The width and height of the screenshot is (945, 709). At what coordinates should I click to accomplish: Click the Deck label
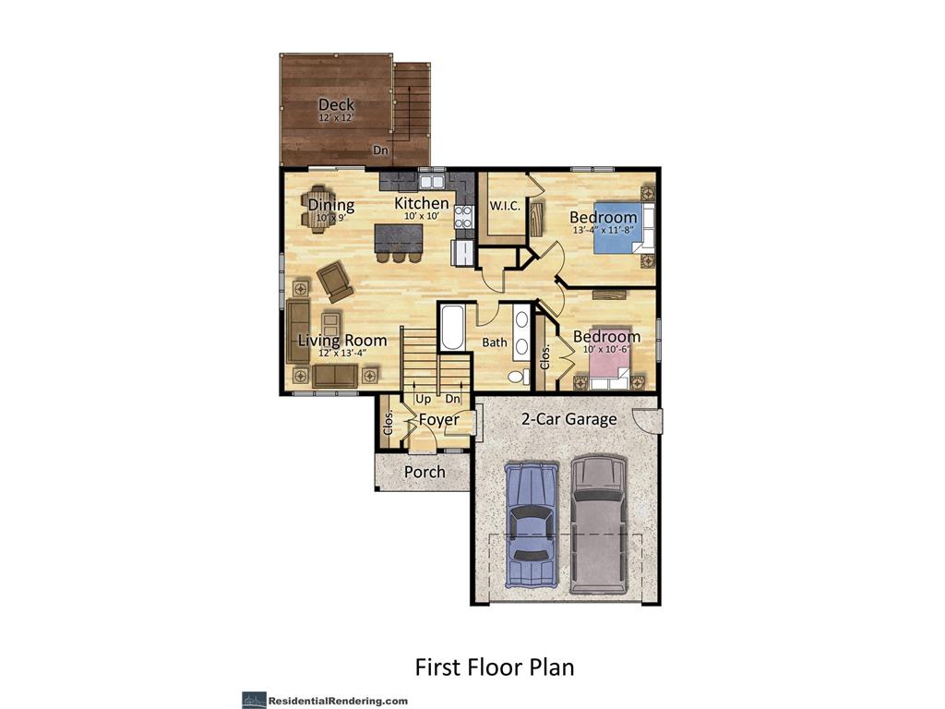336,105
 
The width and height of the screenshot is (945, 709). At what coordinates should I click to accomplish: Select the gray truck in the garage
598,522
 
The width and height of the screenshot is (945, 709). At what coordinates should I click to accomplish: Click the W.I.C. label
505,206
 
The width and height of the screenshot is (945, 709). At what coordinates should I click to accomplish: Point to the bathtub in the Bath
452,328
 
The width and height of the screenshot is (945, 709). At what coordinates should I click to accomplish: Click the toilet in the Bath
516,378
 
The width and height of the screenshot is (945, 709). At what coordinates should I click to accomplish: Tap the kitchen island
399,238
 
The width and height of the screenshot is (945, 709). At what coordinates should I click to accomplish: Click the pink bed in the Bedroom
609,367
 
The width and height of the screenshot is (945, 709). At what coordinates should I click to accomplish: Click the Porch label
425,472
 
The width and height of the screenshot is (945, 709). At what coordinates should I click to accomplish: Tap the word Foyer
439,420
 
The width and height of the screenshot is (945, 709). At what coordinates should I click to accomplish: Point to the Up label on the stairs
423,399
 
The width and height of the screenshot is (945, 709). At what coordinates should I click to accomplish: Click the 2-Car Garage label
568,419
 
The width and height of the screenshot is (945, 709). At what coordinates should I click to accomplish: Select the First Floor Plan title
495,667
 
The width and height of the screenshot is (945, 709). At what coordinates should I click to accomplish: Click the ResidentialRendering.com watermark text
338,702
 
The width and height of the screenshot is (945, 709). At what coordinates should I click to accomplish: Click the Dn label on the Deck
380,150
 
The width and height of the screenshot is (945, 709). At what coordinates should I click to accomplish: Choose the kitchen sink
432,182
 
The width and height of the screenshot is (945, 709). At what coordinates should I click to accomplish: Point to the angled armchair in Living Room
335,281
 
